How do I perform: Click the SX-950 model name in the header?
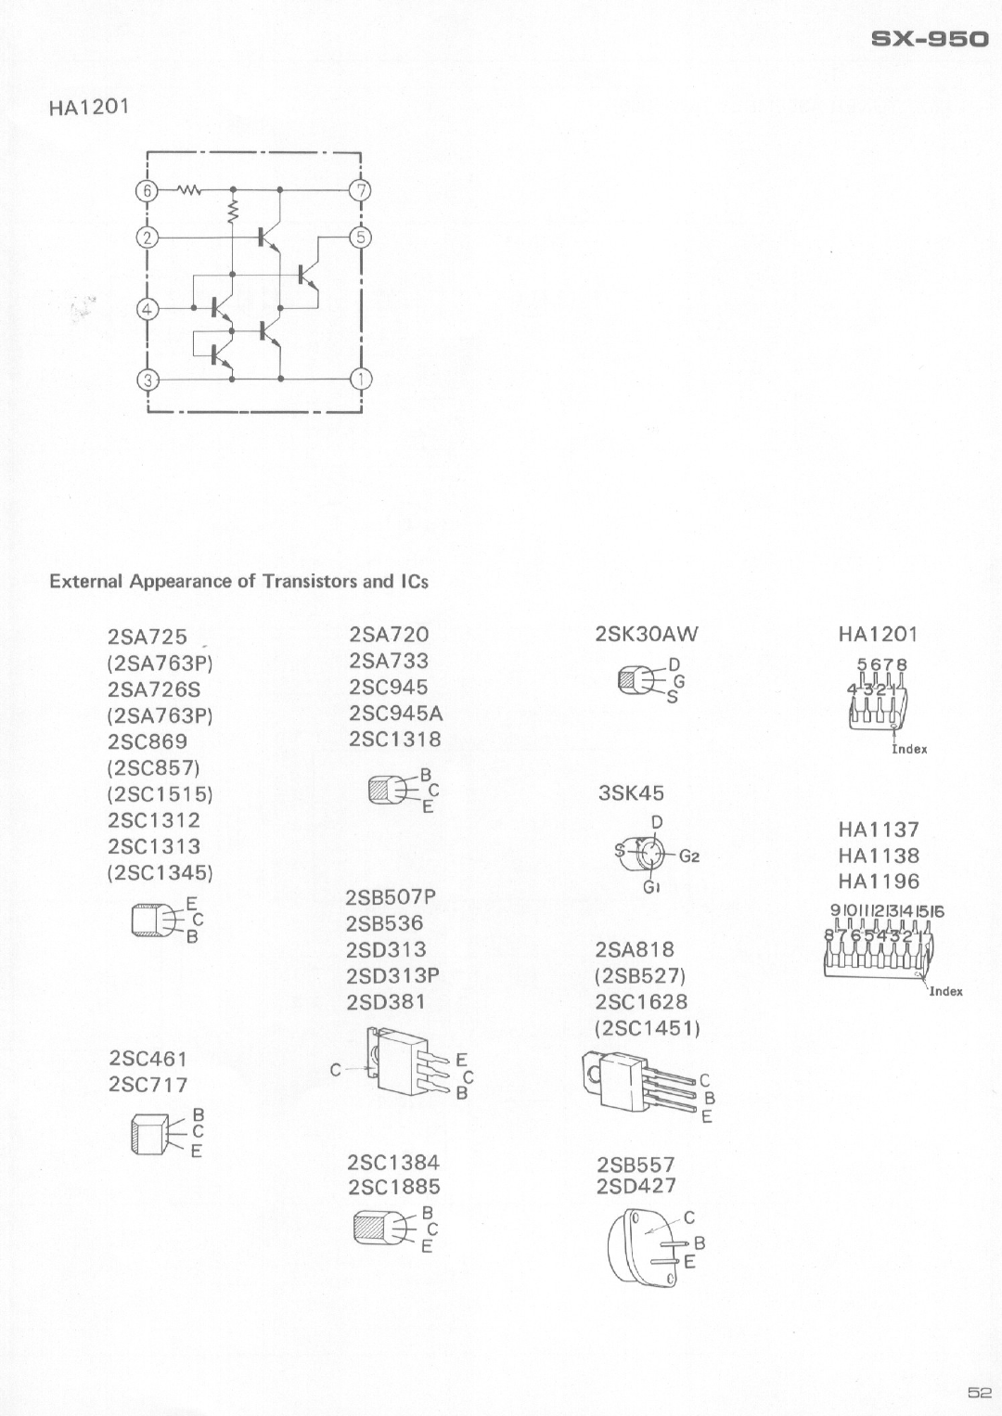tap(930, 40)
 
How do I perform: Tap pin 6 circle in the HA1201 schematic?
tap(147, 191)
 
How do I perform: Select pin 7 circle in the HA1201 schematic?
tap(360, 191)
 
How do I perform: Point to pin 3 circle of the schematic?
tap(147, 379)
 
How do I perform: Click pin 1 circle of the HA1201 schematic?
tap(360, 379)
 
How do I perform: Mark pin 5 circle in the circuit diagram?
tap(360, 238)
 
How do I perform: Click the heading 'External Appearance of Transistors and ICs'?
tap(238, 582)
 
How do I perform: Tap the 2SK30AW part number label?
tap(646, 635)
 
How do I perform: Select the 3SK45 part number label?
tap(631, 793)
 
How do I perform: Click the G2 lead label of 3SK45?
tap(689, 856)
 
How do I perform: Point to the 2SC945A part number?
tap(396, 714)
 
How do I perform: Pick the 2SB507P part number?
tap(390, 897)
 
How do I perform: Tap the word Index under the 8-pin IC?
tap(908, 750)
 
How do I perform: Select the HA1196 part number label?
tap(878, 882)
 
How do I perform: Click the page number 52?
tap(979, 1392)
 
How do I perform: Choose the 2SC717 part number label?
tap(148, 1085)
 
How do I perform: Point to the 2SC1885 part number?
tap(393, 1187)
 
